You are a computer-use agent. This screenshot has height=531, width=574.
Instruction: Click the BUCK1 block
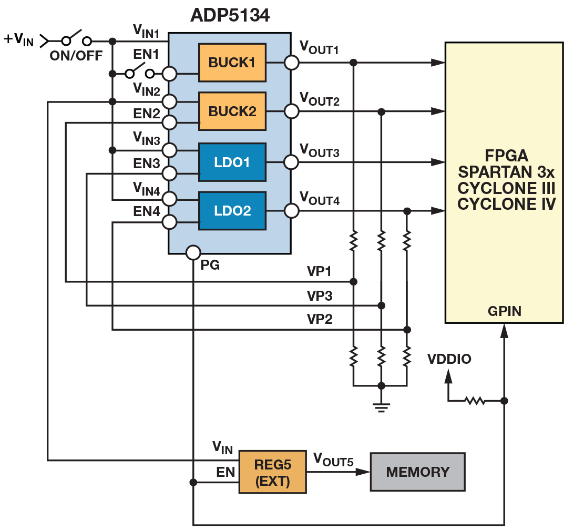[232, 63]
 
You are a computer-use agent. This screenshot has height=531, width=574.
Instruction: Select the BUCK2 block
[232, 111]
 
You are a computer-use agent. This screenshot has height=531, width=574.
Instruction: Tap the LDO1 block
[232, 162]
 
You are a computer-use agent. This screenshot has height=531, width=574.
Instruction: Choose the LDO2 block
[232, 211]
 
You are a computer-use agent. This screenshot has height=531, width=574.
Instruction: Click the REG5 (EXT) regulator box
[272, 472]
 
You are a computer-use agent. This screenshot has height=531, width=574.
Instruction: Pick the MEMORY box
[417, 472]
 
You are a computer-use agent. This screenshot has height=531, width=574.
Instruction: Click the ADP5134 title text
[230, 16]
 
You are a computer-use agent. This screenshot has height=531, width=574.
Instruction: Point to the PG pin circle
[193, 252]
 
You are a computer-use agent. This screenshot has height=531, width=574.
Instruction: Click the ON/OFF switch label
[76, 56]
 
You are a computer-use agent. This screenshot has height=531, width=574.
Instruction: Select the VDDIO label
[449, 359]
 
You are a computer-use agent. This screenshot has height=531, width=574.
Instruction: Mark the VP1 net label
[320, 272]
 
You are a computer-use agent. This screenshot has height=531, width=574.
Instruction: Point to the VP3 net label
[320, 296]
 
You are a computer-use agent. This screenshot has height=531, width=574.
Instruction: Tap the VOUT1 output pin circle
[291, 63]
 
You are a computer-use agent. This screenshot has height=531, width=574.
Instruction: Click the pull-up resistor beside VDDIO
[475, 401]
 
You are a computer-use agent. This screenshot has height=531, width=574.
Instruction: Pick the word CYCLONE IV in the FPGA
[506, 204]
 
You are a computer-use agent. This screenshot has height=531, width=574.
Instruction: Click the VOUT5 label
[333, 459]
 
